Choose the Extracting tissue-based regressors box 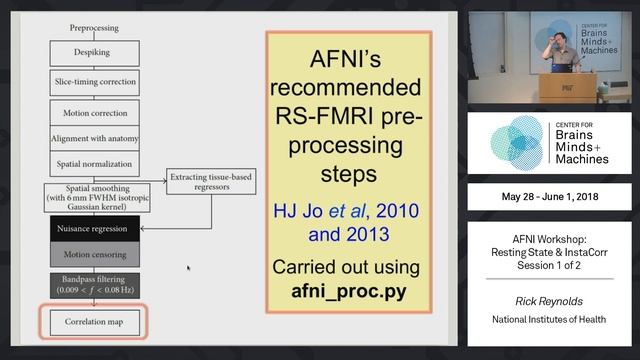click(206, 181)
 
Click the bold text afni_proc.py click(347, 294)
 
